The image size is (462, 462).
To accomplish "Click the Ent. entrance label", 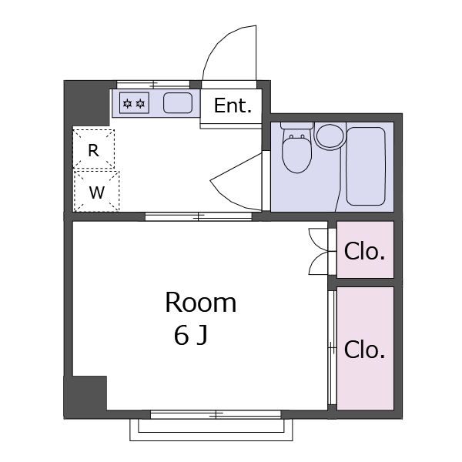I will click(233, 106).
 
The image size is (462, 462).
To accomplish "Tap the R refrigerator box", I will click(93, 150).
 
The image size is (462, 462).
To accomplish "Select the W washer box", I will click(96, 192).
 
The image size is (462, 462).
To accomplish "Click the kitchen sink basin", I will click(178, 102).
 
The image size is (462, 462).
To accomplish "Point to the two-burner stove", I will click(133, 102).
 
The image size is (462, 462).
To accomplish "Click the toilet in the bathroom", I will click(296, 151).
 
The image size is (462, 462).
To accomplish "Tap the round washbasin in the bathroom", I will click(331, 136).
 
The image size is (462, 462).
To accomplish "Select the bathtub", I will click(365, 166).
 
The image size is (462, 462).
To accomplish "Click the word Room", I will click(200, 303).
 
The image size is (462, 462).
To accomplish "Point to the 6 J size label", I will click(190, 336).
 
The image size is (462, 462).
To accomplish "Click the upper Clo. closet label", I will click(364, 251).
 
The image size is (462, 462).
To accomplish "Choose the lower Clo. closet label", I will click(364, 350).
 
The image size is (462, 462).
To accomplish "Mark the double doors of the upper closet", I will click(319, 251).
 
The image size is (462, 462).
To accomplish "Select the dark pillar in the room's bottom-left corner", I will click(85, 396).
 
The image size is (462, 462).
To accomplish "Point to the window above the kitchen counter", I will click(153, 83).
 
